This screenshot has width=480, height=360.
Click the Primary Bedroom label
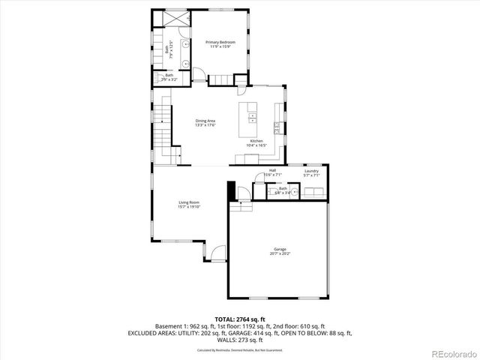pyautogui.click(x=220, y=43)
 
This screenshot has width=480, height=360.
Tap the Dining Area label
pyautogui.click(x=205, y=121)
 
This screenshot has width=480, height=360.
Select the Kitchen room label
pyautogui.click(x=256, y=142)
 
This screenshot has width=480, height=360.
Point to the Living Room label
pyautogui.click(x=188, y=202)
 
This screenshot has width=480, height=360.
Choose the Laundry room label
pyautogui.click(x=312, y=171)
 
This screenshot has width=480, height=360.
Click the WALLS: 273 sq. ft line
pyautogui.click(x=239, y=338)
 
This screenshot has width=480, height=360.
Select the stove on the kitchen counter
pyautogui.click(x=277, y=128)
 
